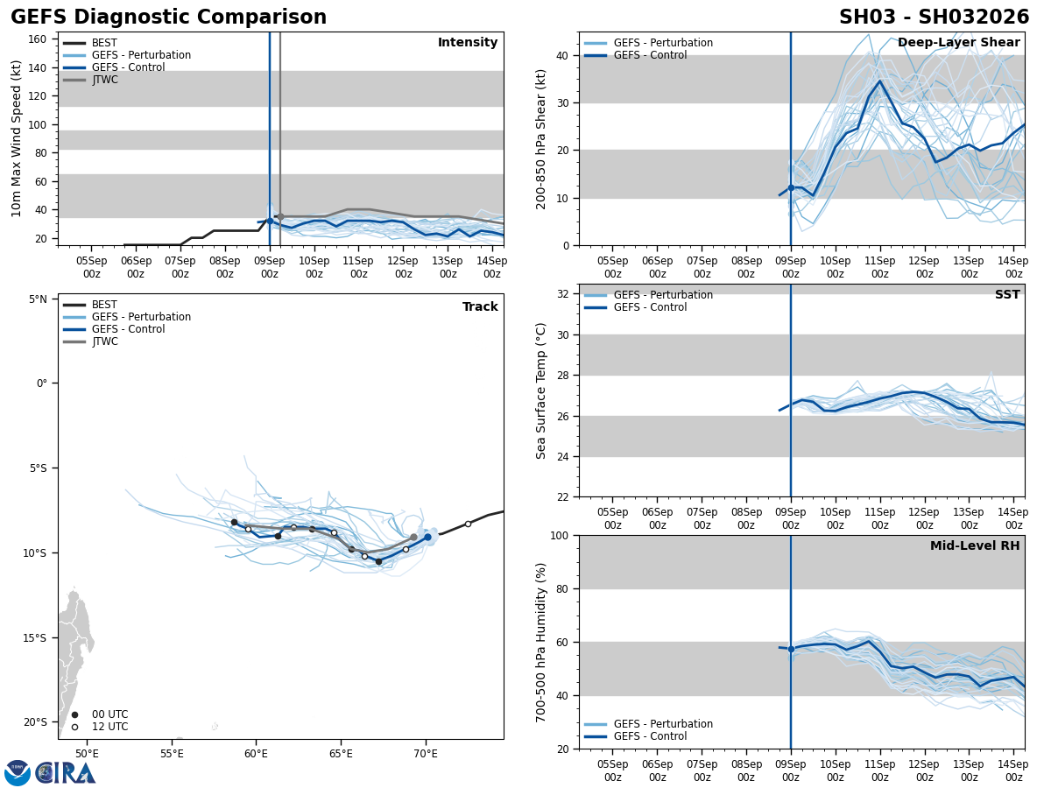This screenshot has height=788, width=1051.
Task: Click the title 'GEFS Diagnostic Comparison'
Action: [x=168, y=18]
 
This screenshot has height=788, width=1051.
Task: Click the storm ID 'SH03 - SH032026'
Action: [x=934, y=18]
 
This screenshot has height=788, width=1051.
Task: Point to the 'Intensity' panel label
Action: [x=468, y=43]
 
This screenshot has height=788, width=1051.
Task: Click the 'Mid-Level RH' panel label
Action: [x=975, y=546]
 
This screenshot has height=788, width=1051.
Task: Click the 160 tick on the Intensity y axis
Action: [x=38, y=39]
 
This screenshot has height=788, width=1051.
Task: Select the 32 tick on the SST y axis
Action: [x=564, y=294]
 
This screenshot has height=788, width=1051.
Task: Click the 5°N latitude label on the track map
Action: [x=37, y=299]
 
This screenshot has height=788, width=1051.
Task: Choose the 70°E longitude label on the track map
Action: [x=426, y=754]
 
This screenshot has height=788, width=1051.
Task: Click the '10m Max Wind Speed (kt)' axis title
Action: [x=17, y=138]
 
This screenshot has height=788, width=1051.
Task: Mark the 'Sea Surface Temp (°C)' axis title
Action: [x=541, y=390]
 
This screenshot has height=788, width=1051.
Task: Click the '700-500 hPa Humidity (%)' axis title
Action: [x=541, y=642]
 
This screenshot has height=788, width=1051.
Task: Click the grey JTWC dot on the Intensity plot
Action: [x=280, y=216]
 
